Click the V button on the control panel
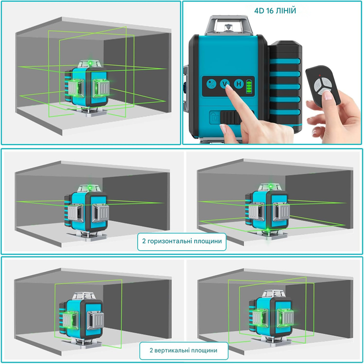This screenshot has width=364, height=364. pos(225,84)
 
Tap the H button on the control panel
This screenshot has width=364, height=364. pos(239,84)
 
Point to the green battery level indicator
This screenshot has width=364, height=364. pos(249,86)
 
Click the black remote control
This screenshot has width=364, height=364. pos(322,86)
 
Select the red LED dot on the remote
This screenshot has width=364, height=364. pos(320,76)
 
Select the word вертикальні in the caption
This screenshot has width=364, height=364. pos(173,350)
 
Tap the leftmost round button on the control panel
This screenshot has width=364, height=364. pos(211,84)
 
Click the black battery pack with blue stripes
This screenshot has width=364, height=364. pos(285,86)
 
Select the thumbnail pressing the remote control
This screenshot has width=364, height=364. pos(328,95)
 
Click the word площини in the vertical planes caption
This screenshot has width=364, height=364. pos(206,350)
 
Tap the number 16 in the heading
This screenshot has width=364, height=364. pos(270,10)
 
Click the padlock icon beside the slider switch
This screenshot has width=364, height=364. pos(214,117)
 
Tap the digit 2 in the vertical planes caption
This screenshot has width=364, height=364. pos(151,350)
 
